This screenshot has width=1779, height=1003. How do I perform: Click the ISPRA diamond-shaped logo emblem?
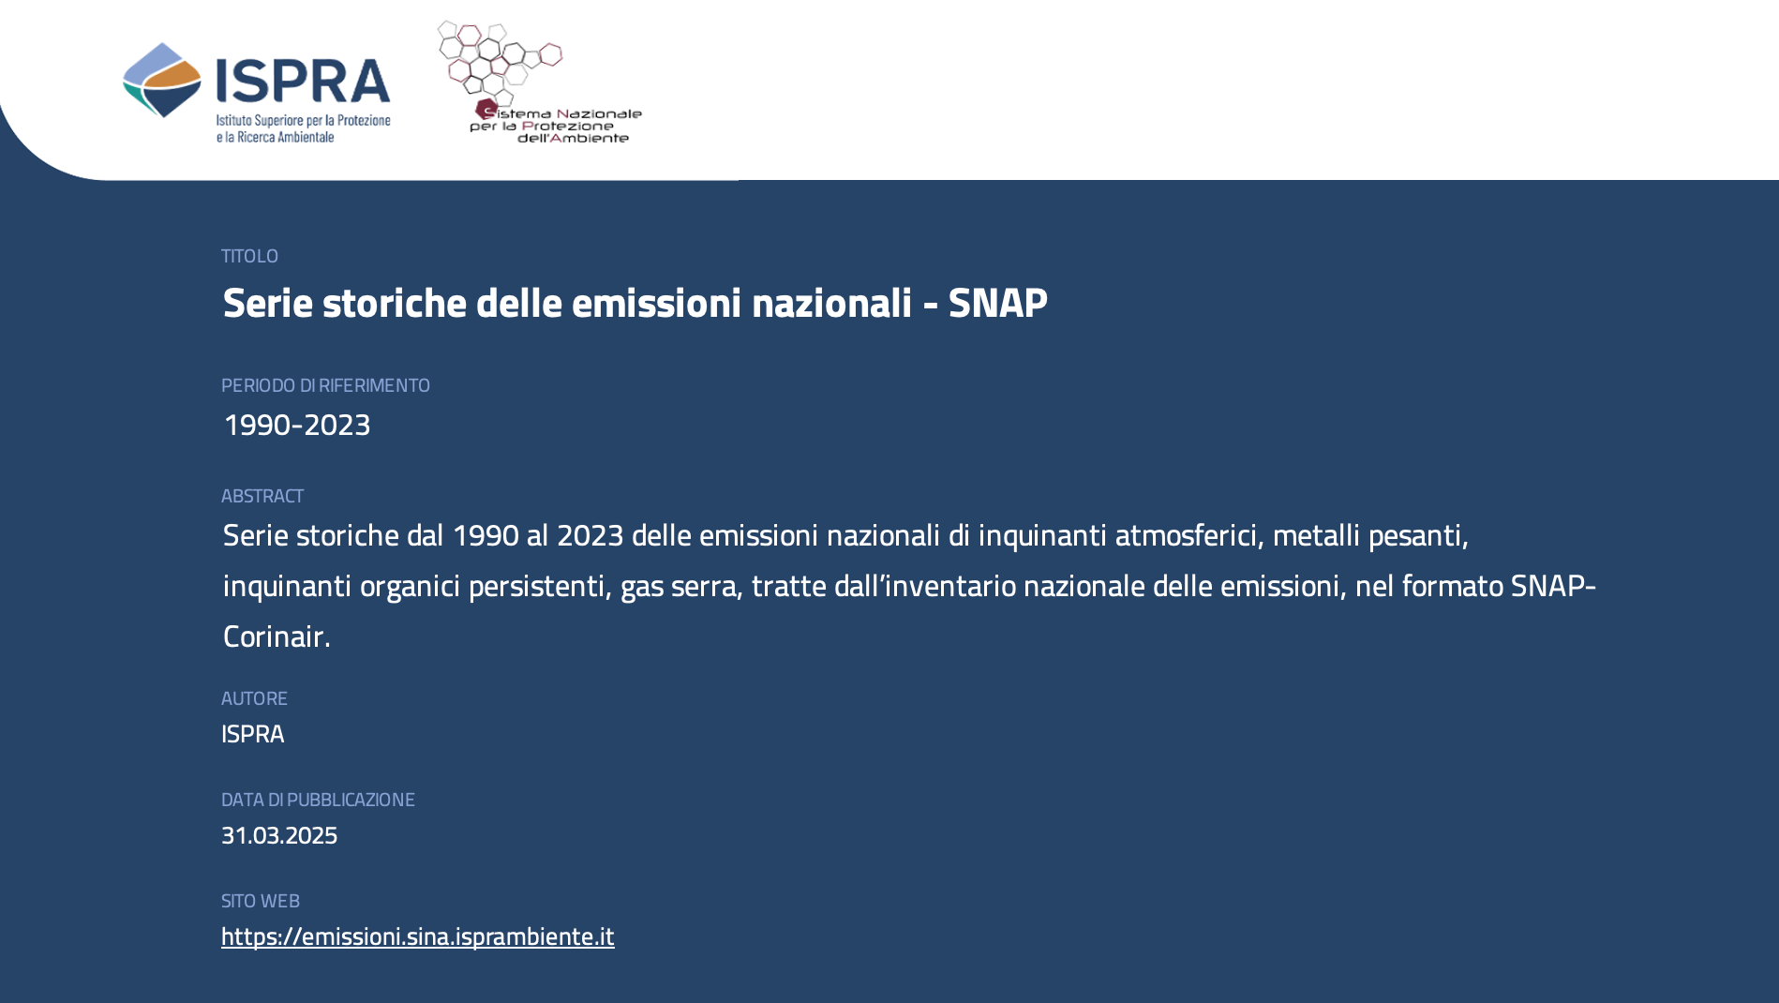click(x=162, y=80)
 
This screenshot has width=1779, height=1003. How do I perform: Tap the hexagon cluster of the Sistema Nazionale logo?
click(x=499, y=58)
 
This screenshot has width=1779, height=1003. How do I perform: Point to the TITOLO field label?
click(x=249, y=256)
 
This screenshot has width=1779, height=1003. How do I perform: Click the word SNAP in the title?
click(x=997, y=303)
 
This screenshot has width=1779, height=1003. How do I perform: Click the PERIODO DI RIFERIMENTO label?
click(x=325, y=385)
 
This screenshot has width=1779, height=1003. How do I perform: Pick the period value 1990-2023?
click(x=296, y=425)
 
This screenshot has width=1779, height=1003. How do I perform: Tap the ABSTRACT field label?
click(x=262, y=496)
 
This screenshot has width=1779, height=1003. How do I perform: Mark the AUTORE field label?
click(x=254, y=698)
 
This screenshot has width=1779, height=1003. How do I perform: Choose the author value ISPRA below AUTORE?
click(x=252, y=734)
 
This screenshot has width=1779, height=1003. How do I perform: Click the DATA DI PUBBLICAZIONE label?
click(x=318, y=800)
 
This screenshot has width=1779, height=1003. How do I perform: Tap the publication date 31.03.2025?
click(x=279, y=835)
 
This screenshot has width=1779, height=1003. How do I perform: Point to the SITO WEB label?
click(x=261, y=901)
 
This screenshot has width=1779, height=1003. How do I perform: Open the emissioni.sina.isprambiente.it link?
click(x=418, y=936)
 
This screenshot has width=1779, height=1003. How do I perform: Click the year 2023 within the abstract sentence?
click(x=590, y=535)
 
